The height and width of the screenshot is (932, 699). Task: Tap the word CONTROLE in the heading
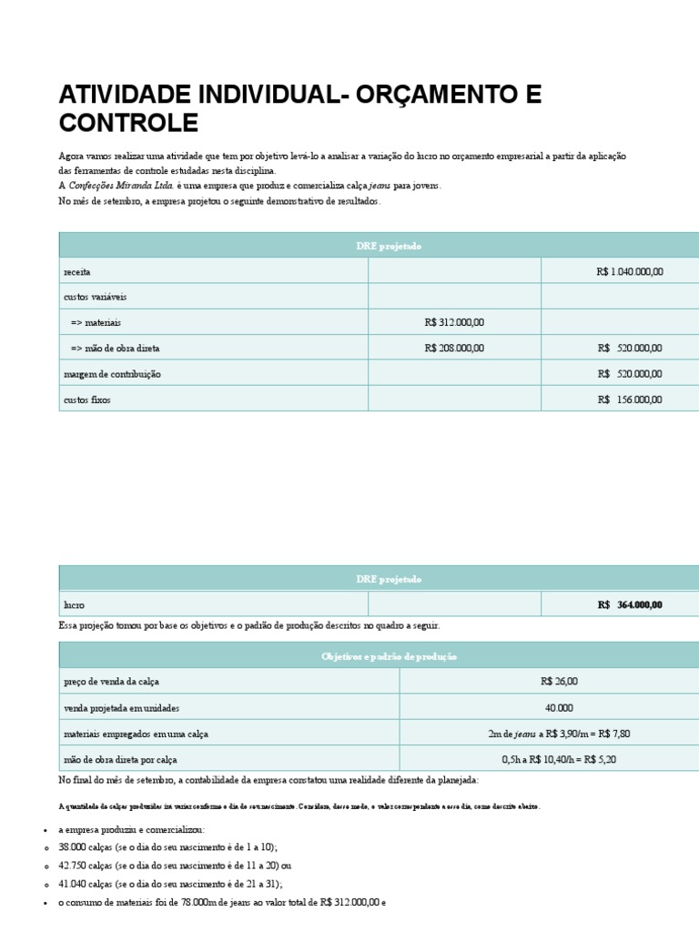click(127, 123)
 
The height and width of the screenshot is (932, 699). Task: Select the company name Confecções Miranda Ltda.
click(121, 185)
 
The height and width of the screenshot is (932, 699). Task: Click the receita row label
click(76, 272)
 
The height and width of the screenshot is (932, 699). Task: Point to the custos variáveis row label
click(95, 297)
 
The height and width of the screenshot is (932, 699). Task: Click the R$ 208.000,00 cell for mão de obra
click(454, 348)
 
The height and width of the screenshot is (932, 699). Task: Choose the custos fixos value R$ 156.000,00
click(630, 400)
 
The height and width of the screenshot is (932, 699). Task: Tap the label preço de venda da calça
click(116, 682)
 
